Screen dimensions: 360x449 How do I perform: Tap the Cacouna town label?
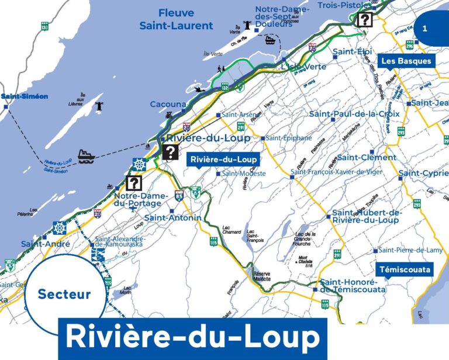(x=168, y=105)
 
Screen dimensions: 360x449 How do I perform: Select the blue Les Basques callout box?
(x=406, y=61)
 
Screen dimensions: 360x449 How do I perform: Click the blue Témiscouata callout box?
(x=405, y=270)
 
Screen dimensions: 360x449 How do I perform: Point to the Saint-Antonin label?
(x=173, y=218)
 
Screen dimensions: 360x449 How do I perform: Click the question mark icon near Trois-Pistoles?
(x=365, y=20)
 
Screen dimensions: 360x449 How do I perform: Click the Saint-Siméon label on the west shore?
(x=24, y=96)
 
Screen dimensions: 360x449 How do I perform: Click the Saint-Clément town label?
(x=367, y=157)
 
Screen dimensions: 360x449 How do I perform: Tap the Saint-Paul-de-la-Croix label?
(x=354, y=113)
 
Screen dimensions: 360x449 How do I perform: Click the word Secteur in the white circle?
(x=64, y=294)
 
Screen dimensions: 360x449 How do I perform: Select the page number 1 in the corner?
(x=425, y=27)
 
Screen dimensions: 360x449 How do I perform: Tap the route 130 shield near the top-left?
(x=44, y=26)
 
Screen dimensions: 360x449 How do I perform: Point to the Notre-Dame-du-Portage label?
(x=141, y=199)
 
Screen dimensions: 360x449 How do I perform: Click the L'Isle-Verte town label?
(x=303, y=67)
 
